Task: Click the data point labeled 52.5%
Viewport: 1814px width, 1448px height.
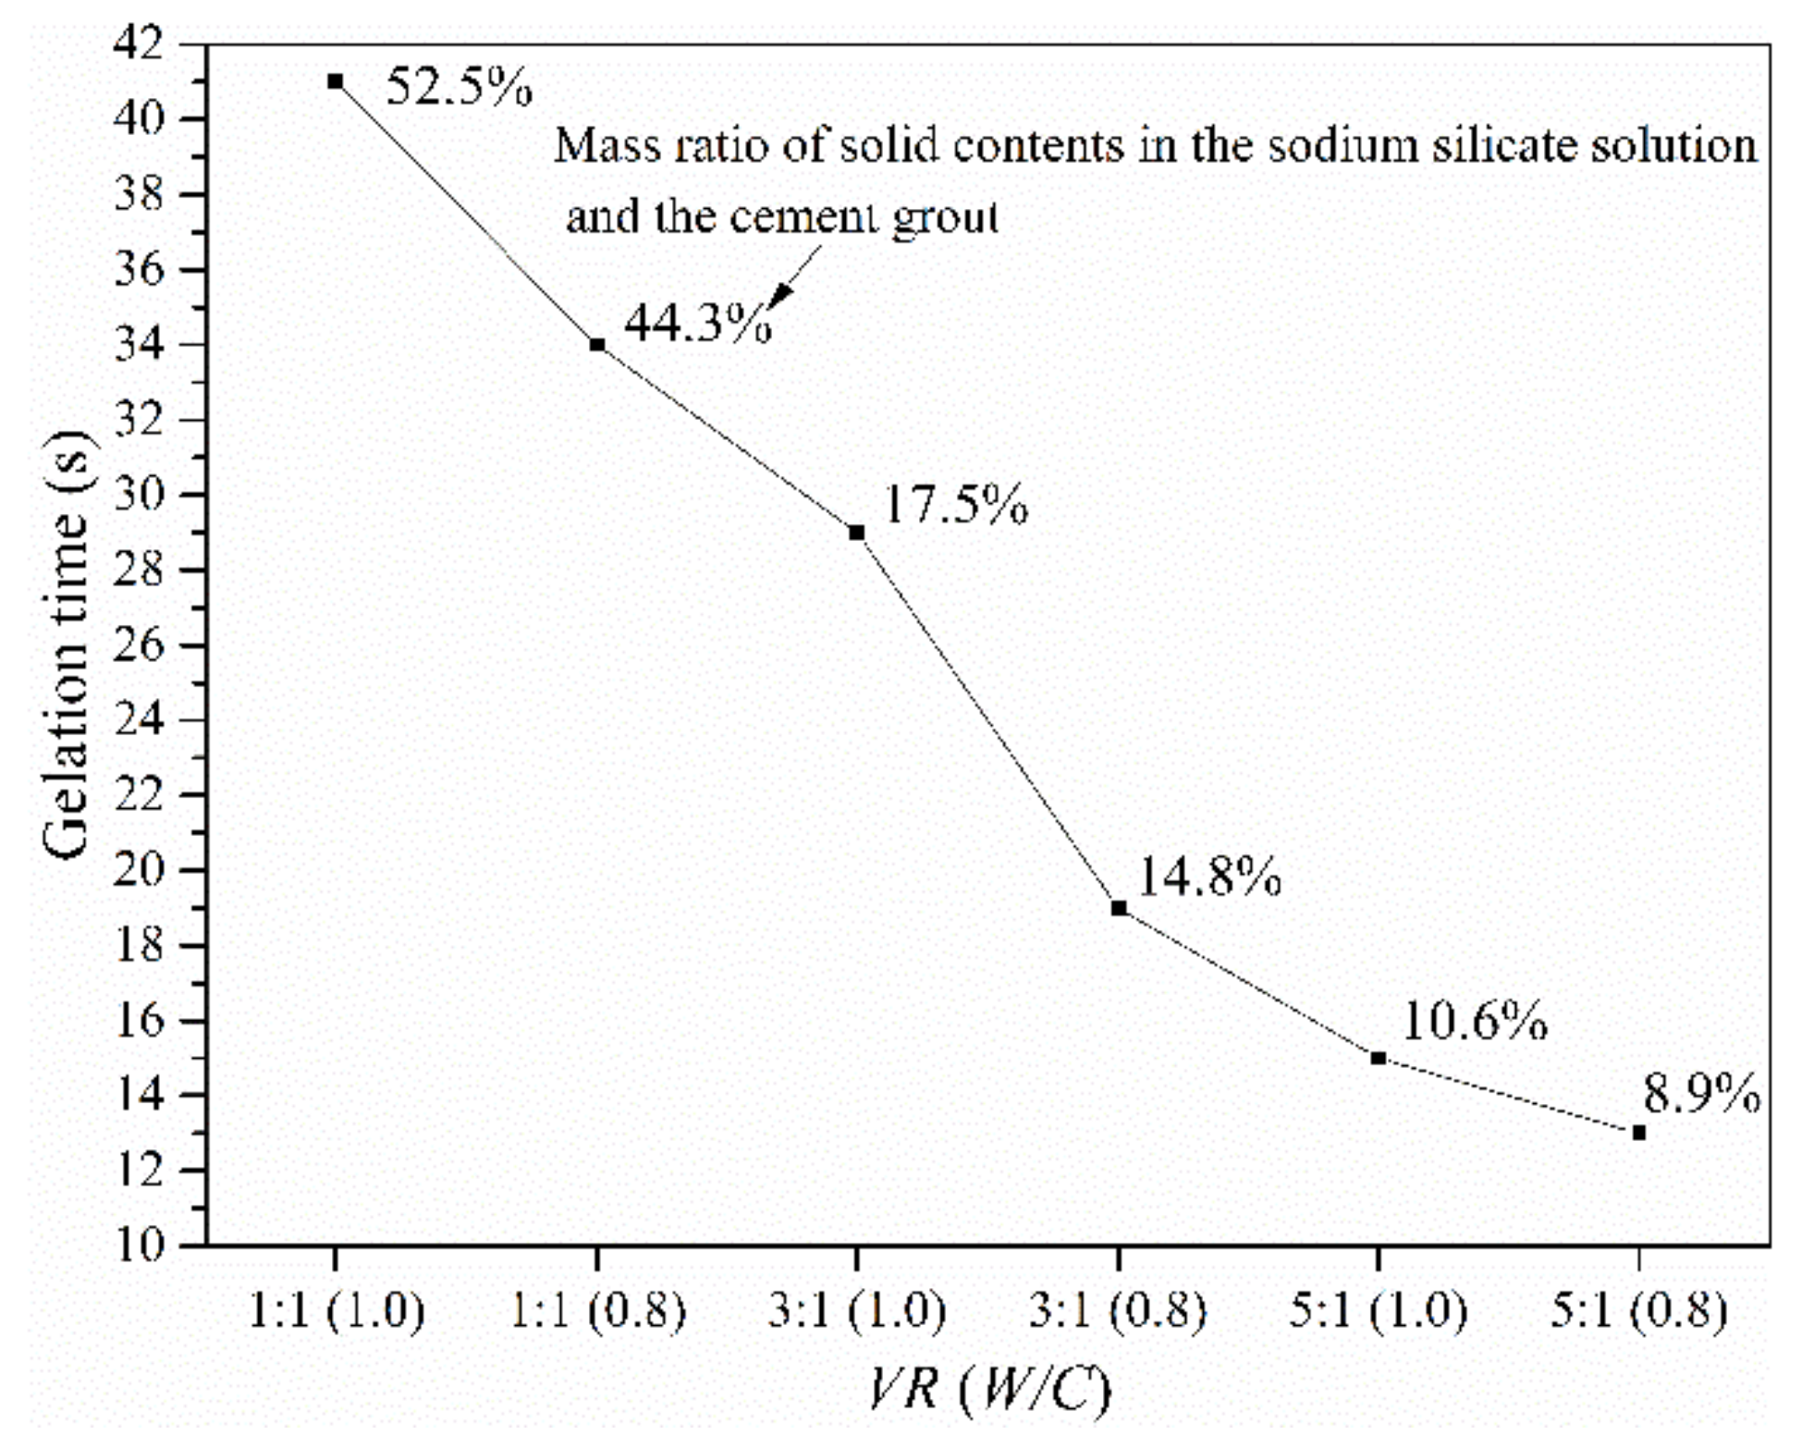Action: [336, 81]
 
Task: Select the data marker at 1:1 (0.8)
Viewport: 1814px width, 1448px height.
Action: [597, 345]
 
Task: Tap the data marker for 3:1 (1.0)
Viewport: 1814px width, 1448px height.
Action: [857, 533]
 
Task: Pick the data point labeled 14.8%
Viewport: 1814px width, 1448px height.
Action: [1119, 908]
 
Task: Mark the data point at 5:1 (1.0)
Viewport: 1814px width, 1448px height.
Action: [1379, 1058]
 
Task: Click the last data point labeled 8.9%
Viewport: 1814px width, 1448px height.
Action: [1639, 1133]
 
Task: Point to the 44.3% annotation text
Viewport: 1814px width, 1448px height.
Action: [697, 324]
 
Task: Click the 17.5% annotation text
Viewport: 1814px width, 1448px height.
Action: [955, 505]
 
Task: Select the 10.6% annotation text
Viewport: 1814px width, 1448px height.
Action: [1474, 1022]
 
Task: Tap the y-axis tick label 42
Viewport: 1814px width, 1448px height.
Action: [138, 43]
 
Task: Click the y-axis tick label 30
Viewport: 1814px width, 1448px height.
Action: [138, 494]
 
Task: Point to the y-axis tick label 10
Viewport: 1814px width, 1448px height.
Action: [138, 1245]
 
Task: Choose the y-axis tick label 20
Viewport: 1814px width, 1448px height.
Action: [138, 869]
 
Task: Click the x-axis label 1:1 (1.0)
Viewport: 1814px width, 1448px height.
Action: [336, 1310]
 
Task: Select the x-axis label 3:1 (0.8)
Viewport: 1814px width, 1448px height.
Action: [1118, 1310]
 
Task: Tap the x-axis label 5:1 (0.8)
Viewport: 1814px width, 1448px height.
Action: [1638, 1310]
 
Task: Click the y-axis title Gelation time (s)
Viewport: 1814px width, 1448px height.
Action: [67, 644]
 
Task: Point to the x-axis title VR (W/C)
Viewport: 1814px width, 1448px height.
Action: [988, 1390]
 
